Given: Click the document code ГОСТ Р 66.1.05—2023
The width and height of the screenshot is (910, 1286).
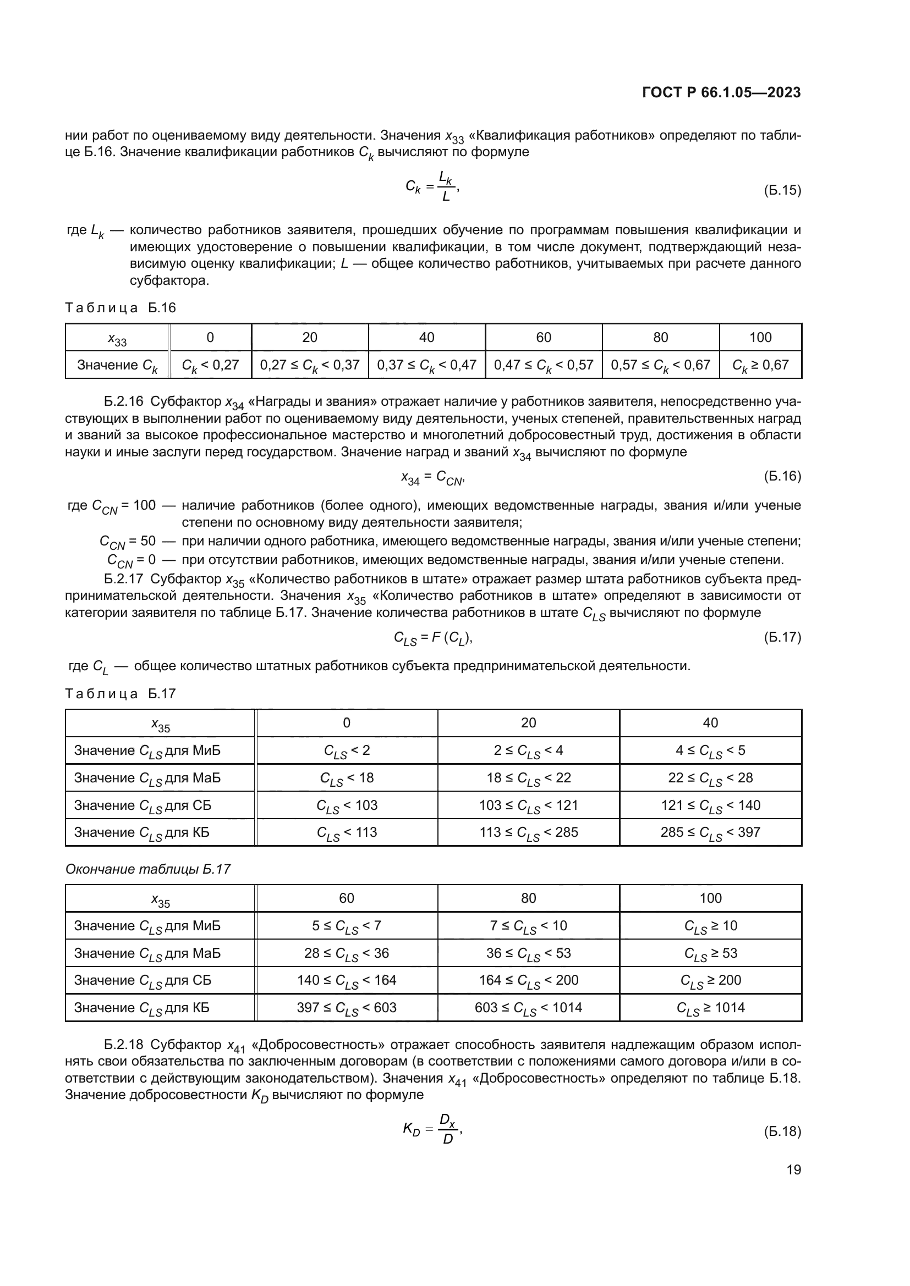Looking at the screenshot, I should (721, 92).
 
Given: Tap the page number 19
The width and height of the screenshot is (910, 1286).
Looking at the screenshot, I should (793, 1169).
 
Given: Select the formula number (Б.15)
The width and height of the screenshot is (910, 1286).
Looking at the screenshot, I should (782, 190).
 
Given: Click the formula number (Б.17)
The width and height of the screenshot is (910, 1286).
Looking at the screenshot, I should (782, 637).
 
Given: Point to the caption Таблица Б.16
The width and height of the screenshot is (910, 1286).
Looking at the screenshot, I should (120, 307).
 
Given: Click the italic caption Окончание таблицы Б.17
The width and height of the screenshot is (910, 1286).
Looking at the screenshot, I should (148, 869).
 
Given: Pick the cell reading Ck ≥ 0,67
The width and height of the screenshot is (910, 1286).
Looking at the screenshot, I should (760, 365).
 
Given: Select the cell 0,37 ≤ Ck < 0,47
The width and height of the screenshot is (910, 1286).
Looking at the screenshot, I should (426, 365).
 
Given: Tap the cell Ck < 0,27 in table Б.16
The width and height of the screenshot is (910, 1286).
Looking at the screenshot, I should (210, 365).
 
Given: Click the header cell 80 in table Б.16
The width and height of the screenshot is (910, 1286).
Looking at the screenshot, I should (660, 337).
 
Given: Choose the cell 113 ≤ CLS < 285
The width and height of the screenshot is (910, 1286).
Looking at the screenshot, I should (528, 832).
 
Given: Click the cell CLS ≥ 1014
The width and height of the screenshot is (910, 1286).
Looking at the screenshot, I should (710, 1008).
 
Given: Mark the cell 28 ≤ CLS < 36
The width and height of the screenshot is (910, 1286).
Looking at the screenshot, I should (346, 953).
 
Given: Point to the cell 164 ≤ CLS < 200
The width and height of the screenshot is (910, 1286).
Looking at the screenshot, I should (528, 980).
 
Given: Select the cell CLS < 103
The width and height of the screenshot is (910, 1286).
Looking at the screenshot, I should (346, 805).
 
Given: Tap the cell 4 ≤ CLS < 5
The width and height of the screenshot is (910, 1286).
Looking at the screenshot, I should (710, 750).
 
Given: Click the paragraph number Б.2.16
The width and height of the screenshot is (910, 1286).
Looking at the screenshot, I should (124, 401).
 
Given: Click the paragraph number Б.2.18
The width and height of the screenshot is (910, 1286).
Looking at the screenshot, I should (124, 1045).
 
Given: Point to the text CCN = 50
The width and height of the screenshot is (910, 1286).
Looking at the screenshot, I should (127, 542).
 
